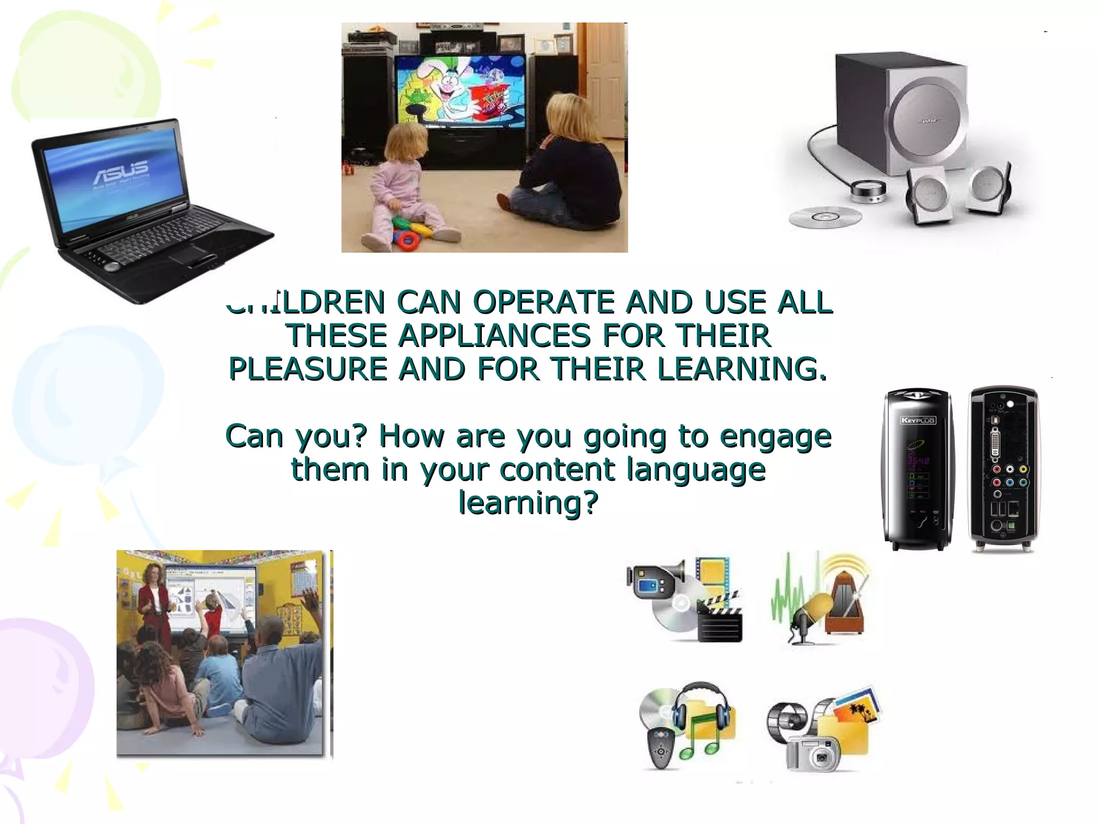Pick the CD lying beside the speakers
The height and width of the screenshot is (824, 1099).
(x=825, y=217)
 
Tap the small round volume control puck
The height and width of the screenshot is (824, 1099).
(x=868, y=191)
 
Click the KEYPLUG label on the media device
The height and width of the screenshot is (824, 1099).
(x=917, y=420)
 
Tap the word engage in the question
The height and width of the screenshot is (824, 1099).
(x=775, y=436)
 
